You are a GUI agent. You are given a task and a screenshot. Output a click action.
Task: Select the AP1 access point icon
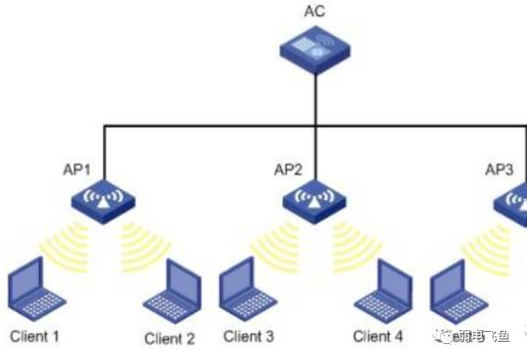coord(104,198)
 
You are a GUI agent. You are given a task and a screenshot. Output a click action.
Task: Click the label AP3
coord(500,169)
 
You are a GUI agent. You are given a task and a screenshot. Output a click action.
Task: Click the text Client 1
coord(35,336)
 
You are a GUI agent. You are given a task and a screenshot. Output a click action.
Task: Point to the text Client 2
coord(170,339)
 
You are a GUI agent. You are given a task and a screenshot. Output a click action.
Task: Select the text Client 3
coord(248,336)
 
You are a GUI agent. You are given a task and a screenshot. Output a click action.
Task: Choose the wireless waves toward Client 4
coord(353,243)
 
